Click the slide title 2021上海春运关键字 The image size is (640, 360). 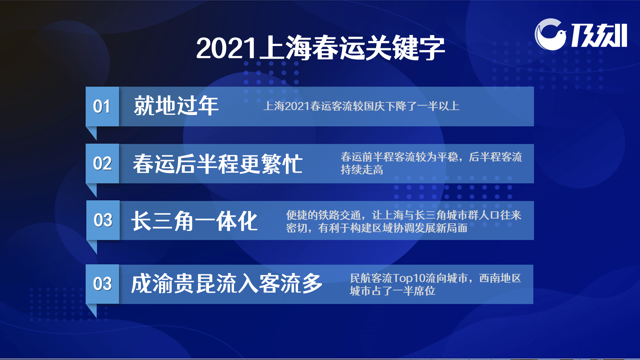click(x=320, y=48)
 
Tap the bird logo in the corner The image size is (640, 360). click(x=550, y=35)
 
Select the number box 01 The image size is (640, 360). click(x=102, y=107)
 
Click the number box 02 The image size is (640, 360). click(x=102, y=164)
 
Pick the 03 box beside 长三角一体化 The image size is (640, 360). click(x=103, y=220)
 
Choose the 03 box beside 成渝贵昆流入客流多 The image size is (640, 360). click(x=102, y=284)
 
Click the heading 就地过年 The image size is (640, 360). click(x=176, y=106)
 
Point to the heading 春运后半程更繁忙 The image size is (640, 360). click(x=218, y=164)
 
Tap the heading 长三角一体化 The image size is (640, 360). click(x=194, y=221)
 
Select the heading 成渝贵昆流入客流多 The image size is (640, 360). click(x=227, y=284)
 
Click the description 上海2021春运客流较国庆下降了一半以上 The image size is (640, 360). click(x=361, y=106)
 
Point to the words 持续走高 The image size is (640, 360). click(x=362, y=170)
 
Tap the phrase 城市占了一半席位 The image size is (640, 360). click(x=392, y=291)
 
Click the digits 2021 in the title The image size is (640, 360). click(x=226, y=48)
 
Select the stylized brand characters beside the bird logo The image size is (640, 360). click(x=599, y=35)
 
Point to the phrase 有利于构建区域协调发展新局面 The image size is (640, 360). click(x=393, y=228)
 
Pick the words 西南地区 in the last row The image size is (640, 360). click(x=500, y=278)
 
